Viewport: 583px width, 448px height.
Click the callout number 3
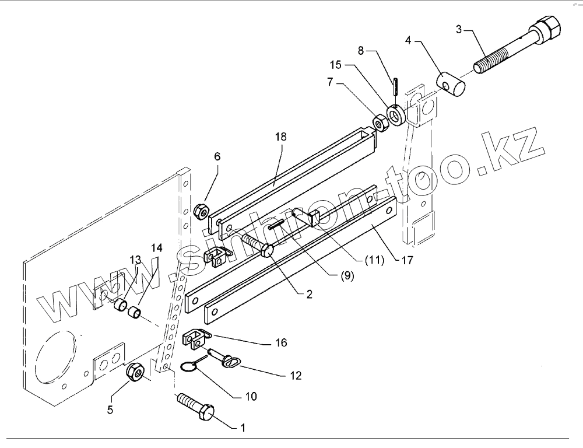point(459,29)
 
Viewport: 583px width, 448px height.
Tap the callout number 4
point(408,41)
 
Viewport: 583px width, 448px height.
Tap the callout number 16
point(282,343)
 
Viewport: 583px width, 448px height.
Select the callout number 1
point(243,429)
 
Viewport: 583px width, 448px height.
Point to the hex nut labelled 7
point(378,123)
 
